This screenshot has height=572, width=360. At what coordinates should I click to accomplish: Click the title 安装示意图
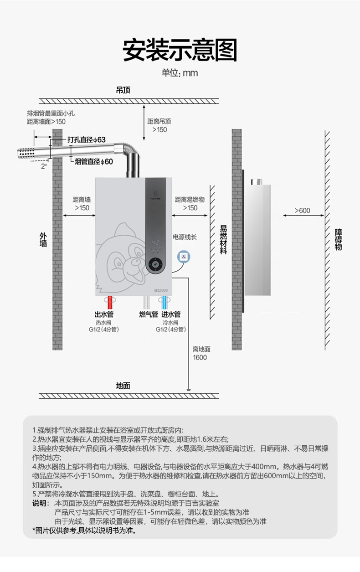[x=180, y=50]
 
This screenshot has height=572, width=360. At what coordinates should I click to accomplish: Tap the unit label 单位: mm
[x=180, y=73]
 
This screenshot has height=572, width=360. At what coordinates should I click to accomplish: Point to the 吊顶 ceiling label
[x=123, y=90]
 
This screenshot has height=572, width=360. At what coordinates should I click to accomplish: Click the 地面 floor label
[x=123, y=386]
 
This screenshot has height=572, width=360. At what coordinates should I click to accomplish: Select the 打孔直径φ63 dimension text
[x=87, y=139]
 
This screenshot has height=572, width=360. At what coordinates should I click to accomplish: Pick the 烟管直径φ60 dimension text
[x=94, y=161]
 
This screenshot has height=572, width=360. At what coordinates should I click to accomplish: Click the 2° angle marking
[x=44, y=166]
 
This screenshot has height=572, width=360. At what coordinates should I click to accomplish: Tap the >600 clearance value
[x=302, y=211]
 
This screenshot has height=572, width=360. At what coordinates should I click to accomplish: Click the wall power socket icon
[x=184, y=256]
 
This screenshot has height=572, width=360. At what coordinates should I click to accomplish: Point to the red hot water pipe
[x=110, y=302]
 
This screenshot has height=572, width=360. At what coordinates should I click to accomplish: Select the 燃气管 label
[x=149, y=314]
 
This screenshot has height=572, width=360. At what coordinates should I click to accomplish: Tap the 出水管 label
[x=104, y=314]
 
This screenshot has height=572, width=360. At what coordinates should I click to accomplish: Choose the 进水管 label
[x=171, y=314]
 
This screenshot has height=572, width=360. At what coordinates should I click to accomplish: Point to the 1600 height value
[x=200, y=358]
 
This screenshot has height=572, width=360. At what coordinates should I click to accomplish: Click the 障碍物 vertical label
[x=338, y=239]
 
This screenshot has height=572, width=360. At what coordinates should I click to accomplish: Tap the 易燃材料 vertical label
[x=223, y=239]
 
